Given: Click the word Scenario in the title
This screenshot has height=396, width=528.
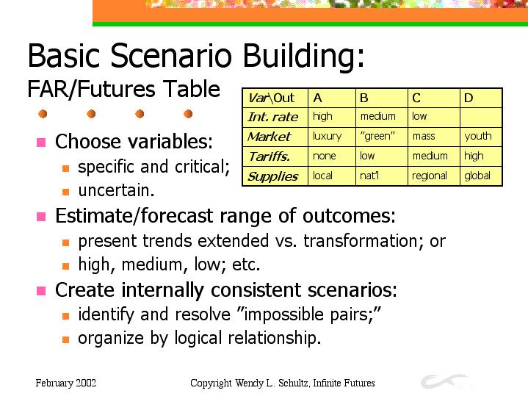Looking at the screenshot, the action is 171,55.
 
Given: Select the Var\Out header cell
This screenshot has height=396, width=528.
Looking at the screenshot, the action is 275,98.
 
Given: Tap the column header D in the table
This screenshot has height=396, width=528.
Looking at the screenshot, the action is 481,98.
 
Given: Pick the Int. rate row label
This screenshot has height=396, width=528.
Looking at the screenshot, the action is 275,118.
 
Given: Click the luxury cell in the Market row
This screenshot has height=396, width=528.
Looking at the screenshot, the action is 332,137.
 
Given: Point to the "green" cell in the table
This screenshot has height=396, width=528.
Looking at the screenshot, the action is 382,137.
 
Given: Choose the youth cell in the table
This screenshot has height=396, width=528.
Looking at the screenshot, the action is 481,137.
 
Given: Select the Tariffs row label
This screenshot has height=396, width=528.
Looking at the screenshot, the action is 275,156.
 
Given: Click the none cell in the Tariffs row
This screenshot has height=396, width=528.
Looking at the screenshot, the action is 332,156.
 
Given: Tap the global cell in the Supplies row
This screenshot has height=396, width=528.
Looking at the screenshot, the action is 481,176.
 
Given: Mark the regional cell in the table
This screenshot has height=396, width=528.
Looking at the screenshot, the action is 434,176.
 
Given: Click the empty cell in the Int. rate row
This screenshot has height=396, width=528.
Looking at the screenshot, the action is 481,118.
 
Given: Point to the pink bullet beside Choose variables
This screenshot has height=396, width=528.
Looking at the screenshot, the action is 41,143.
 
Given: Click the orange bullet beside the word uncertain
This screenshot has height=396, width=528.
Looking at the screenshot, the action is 65,192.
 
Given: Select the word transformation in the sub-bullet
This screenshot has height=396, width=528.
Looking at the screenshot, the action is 364,241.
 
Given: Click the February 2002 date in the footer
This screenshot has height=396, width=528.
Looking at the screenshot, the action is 65,384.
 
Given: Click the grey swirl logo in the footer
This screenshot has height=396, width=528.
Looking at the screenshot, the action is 444,381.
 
